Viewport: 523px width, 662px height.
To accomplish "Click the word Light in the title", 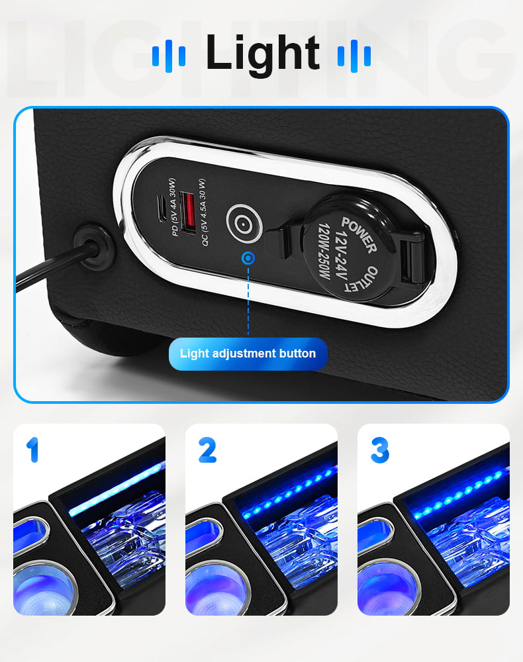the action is click(262, 54).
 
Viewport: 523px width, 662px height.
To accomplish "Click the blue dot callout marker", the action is click(249, 258).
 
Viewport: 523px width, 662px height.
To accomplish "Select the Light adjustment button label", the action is click(248, 354).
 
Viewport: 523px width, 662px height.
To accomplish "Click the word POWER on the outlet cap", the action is click(359, 235).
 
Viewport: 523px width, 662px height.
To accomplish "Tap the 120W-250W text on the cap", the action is click(324, 251).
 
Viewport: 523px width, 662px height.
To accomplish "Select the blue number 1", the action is click(33, 449).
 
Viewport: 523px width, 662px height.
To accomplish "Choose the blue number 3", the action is click(380, 450).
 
